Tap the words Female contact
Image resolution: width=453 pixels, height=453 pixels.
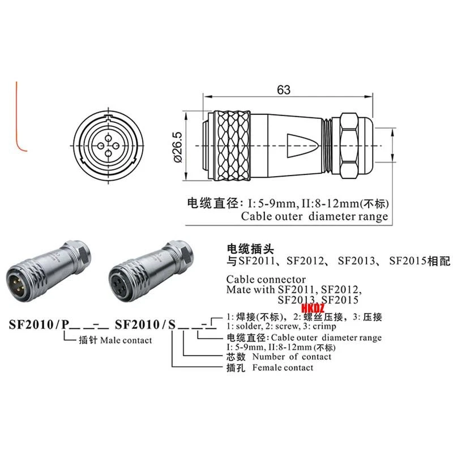pyautogui.click(x=283, y=367)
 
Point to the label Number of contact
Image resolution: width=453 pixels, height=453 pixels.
pyautogui.click(x=292, y=357)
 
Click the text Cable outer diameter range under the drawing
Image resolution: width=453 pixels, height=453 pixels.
pyautogui.click(x=314, y=216)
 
